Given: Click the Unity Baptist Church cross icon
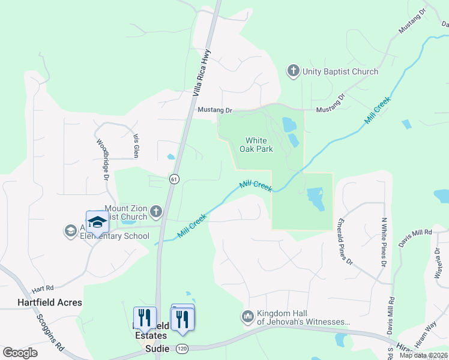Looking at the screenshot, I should pyautogui.click(x=294, y=71).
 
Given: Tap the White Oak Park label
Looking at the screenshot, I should pyautogui.click(x=256, y=145).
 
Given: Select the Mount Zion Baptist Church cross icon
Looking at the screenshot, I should pyautogui.click(x=156, y=211).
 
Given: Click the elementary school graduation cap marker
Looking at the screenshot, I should pyautogui.click(x=97, y=221).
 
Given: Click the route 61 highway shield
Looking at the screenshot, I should pyautogui.click(x=173, y=179).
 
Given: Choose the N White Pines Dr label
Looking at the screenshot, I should pyautogui.click(x=383, y=241).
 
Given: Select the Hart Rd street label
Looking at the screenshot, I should pyautogui.click(x=43, y=289).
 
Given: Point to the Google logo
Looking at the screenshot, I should pyautogui.click(x=20, y=352).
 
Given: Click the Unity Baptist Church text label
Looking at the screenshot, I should pyautogui.click(x=340, y=71).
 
